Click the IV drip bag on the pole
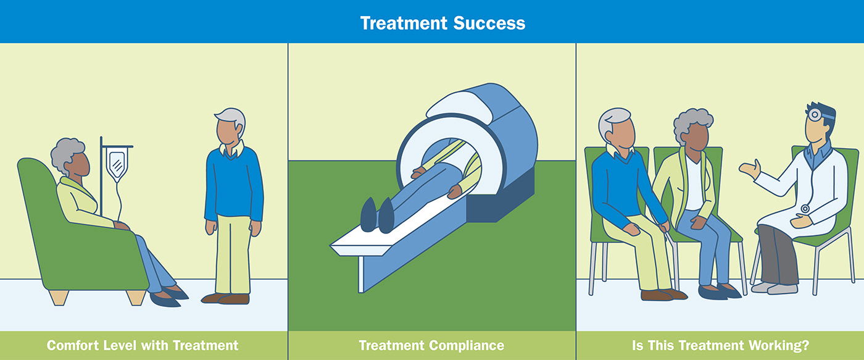[115, 163]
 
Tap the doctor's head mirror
[816, 114]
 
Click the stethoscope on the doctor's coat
[804, 209]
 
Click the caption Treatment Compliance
[431, 345]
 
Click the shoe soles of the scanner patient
[376, 215]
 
